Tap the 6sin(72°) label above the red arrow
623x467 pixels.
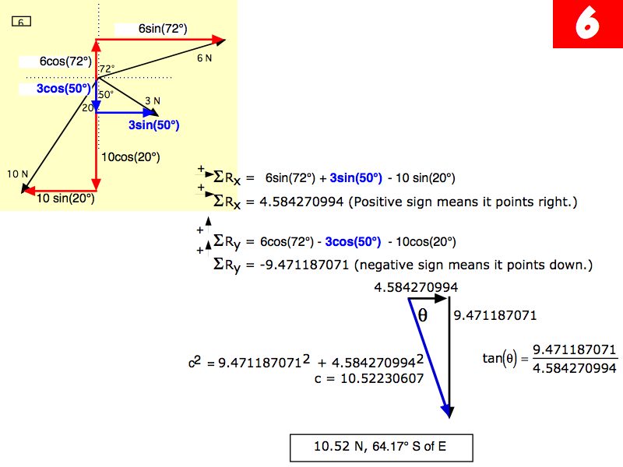[163, 28]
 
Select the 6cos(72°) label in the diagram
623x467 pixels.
[66, 61]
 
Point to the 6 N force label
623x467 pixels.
[204, 58]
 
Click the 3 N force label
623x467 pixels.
[153, 100]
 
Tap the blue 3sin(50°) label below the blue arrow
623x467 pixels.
[154, 125]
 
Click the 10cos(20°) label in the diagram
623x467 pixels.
[131, 156]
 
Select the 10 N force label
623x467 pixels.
[17, 173]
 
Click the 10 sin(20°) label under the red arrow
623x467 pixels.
[66, 198]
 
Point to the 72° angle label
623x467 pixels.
[107, 68]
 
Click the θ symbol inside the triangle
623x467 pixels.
[423, 314]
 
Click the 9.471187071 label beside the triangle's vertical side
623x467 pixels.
[495, 316]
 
